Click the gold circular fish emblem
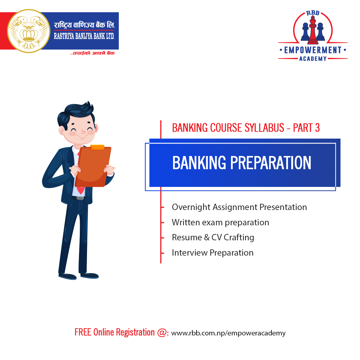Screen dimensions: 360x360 29,31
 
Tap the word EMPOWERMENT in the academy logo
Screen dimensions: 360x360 313,50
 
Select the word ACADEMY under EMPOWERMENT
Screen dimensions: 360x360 313,59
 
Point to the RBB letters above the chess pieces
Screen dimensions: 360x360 313,13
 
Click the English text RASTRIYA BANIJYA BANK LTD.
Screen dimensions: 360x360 84,36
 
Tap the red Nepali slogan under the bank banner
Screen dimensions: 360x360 92,53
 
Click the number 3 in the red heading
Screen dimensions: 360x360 317,128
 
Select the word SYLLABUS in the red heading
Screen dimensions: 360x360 264,128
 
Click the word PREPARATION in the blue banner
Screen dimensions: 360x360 271,163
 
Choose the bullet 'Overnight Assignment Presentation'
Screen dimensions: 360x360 239,207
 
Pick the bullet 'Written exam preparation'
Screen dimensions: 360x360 220,223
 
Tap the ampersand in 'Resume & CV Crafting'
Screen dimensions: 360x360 207,237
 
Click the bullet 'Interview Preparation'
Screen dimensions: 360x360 213,253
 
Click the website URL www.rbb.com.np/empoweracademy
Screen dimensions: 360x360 228,333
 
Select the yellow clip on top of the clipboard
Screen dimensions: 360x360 97,147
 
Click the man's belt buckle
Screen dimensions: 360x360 80,198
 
